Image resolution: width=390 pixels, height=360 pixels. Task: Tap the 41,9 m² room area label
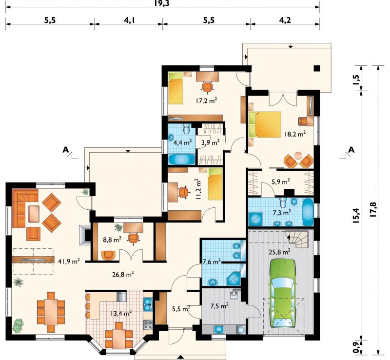coord(69,261)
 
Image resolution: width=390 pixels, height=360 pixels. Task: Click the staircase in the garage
coord(298,238)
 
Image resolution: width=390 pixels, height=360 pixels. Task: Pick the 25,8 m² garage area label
coord(280,252)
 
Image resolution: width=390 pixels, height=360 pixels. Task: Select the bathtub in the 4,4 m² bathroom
coord(182,159)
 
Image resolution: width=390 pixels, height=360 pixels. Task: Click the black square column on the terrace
coord(316,68)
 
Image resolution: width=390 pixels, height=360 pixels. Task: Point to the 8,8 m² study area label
coord(112,240)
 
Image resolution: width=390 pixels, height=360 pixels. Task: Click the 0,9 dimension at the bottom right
coord(356,347)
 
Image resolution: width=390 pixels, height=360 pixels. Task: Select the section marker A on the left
coord(65,149)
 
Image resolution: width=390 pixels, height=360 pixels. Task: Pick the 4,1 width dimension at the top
coord(129,20)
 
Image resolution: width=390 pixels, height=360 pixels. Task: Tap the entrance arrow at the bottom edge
coord(180,357)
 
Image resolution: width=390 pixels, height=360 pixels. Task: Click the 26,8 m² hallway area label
coord(123,274)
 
